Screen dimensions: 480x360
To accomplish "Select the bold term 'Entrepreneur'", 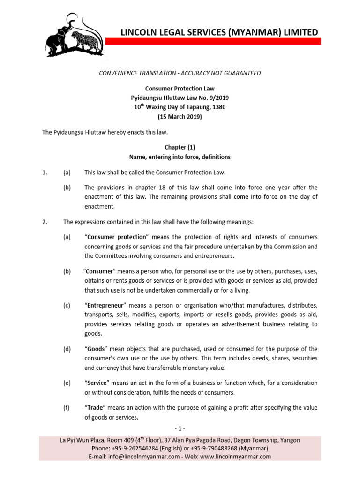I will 107,305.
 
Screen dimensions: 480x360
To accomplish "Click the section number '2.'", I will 45,222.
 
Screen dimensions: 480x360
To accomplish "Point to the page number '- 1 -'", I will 180,428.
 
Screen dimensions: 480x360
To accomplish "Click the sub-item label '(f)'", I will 67,408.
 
